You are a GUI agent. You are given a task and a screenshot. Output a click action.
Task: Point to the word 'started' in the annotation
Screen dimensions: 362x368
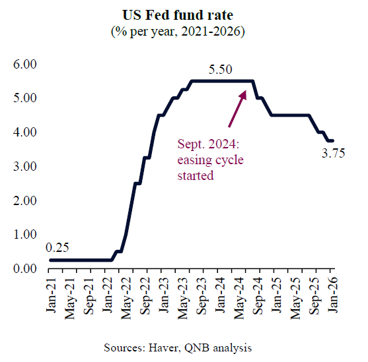(196, 175)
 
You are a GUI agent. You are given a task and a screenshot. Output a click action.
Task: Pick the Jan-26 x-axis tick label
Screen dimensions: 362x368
(334, 291)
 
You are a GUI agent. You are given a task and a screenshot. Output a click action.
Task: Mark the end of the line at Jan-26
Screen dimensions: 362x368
(333, 140)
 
